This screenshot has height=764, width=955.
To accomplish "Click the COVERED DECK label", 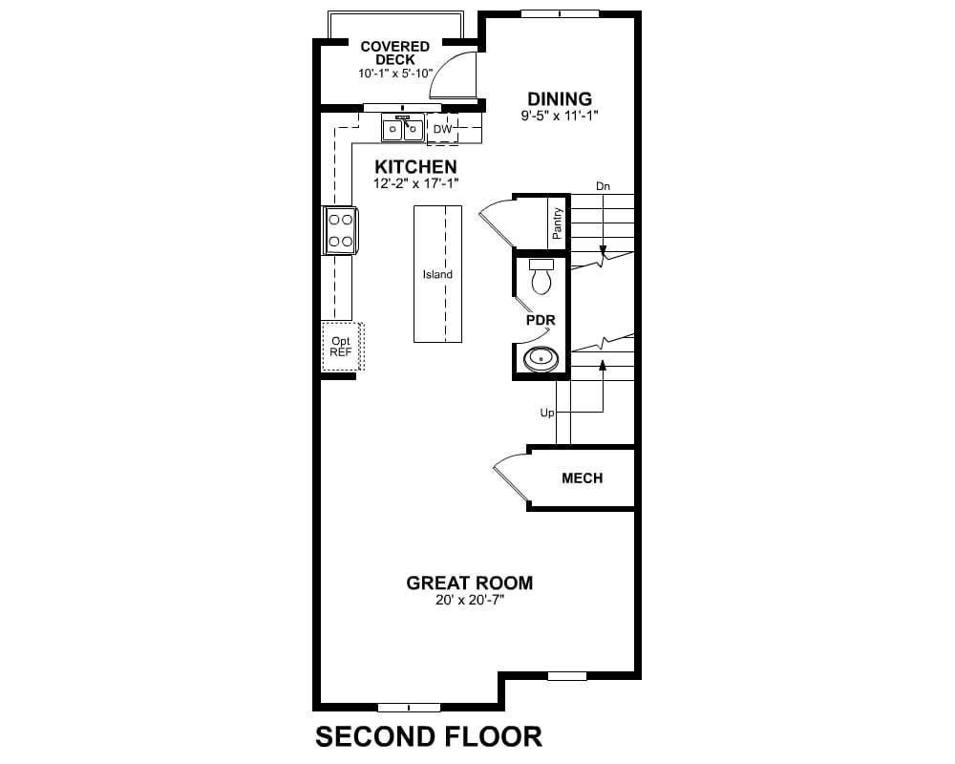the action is tap(394, 53).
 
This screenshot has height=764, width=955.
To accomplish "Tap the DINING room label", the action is tap(559, 98).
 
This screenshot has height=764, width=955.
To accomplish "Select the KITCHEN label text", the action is tap(415, 167).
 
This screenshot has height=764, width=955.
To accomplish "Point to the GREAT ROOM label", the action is tap(469, 584).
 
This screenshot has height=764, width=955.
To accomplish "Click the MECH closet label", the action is tap(583, 478).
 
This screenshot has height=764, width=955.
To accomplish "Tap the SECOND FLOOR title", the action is tap(429, 736).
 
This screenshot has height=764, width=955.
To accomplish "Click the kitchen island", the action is tap(437, 274).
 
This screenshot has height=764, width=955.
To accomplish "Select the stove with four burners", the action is tap(341, 230).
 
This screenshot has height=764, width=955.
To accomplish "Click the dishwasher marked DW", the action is tap(443, 129).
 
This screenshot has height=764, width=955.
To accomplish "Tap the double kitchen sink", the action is tap(403, 129).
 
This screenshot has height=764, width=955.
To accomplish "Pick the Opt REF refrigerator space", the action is tap(342, 346).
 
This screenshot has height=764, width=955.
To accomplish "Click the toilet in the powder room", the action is tap(541, 276).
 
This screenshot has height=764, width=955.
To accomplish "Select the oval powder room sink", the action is tap(541, 358).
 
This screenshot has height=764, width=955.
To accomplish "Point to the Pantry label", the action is tap(558, 223).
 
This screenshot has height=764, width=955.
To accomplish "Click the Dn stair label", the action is tap(603, 186).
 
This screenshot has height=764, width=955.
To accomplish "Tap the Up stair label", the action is tap(547, 414).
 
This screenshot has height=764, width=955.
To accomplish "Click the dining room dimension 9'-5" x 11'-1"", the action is tap(559, 116).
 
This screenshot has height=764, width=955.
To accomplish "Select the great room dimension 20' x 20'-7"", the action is tap(470, 600).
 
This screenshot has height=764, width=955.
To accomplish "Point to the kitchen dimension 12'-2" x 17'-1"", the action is tap(415, 182).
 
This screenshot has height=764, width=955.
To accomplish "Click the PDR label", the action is tap(541, 320).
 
